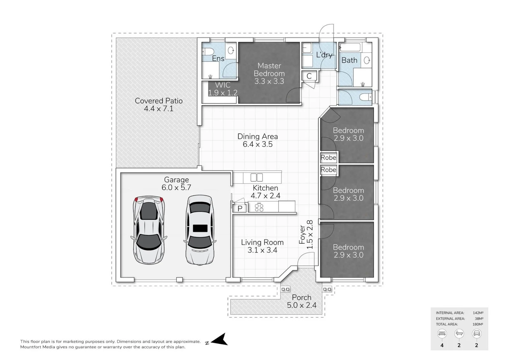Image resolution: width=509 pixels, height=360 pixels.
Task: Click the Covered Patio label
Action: point(159,101)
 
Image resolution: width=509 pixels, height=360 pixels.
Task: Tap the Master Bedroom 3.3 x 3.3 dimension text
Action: point(269,81)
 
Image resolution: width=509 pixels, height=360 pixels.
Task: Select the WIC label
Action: point(223,85)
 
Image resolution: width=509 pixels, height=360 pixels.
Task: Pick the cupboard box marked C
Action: point(309,76)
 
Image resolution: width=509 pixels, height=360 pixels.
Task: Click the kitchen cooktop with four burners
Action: point(259,207)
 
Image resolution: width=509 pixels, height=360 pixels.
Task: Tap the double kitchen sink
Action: point(256,177)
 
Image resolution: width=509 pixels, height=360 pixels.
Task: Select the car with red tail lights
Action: point(149,230)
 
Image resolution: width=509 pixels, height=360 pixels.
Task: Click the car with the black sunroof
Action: point(200,230)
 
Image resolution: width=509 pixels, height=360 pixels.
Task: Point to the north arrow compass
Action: point(219,340)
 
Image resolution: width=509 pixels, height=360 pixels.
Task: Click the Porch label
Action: point(302,297)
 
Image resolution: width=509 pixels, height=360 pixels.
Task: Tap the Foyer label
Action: point(302,235)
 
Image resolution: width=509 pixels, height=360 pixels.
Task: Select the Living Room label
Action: point(262,242)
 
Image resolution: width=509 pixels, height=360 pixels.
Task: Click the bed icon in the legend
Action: point(442,334)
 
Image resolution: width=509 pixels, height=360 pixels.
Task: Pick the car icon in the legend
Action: point(477,334)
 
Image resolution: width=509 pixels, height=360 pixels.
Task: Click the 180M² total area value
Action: point(478,324)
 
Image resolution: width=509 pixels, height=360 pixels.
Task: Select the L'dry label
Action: point(324,55)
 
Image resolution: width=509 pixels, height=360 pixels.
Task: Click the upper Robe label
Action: point(328,157)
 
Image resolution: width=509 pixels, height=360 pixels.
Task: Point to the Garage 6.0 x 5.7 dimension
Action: point(176,188)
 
